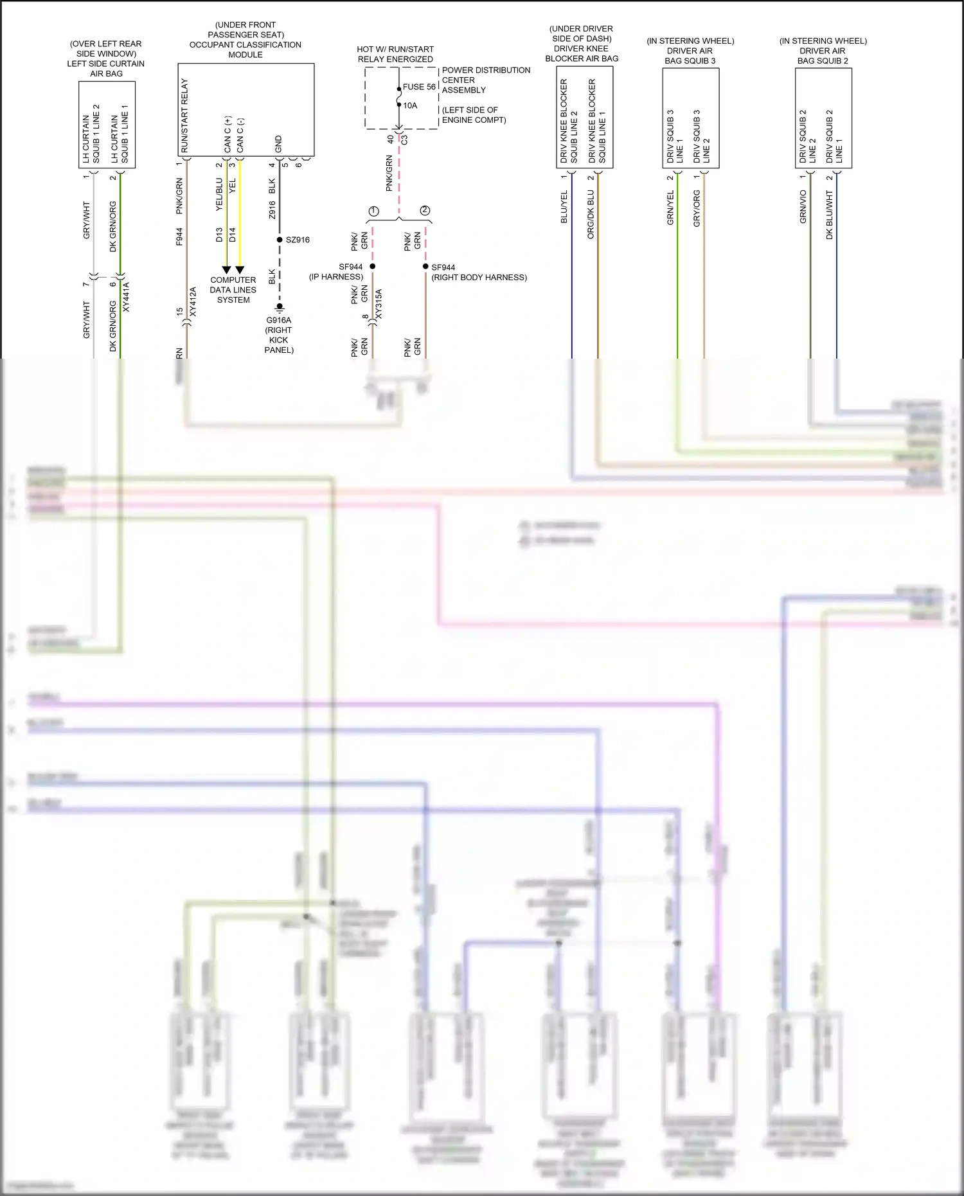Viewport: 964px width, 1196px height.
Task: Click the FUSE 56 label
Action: pos(419,87)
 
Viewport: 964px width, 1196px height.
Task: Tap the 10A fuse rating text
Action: pos(410,105)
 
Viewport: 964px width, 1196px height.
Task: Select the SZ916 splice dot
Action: pos(280,240)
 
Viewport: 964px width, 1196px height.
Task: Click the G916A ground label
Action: pos(279,320)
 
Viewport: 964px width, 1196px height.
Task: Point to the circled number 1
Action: pos(373,211)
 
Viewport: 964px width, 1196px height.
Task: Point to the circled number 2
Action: pos(425,210)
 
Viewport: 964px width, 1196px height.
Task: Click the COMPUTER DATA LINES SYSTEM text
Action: pos(233,290)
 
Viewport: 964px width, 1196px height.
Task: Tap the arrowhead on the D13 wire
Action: pos(226,270)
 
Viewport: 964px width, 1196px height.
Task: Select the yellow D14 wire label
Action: pos(232,235)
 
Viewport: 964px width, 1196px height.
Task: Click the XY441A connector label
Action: pos(126,297)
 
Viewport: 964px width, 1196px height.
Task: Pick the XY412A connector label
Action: pos(193,301)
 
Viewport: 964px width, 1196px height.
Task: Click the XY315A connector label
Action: pos(379,304)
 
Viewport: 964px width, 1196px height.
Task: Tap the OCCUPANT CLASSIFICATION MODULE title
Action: pos(245,44)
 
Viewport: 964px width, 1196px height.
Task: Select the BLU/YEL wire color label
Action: pos(564,207)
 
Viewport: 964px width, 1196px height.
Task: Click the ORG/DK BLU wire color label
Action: pos(591,214)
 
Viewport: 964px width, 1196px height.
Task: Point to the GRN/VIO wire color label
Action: pos(803,207)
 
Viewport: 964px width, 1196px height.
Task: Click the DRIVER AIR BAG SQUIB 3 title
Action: pos(690,51)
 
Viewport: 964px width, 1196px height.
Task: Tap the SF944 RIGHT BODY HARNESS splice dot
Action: pos(425,266)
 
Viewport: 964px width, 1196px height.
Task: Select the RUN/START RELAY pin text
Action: pos(184,116)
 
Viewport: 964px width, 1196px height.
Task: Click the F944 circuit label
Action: pos(179,236)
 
